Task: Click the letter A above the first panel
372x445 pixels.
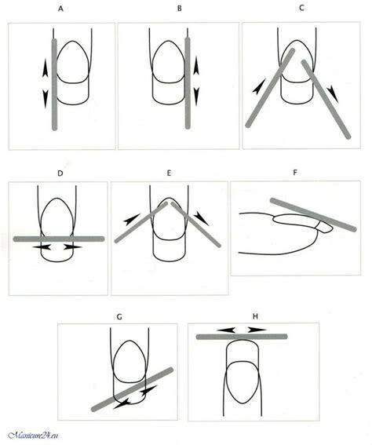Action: click(x=60, y=9)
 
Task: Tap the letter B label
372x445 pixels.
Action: click(x=180, y=9)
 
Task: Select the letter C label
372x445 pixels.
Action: click(x=301, y=8)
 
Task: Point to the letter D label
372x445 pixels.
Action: click(x=60, y=173)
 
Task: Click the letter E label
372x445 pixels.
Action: click(x=169, y=173)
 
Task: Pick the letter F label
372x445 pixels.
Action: click(x=295, y=172)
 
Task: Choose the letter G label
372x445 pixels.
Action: click(x=119, y=316)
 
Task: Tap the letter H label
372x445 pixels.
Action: click(x=255, y=316)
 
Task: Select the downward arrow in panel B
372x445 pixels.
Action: click(x=196, y=97)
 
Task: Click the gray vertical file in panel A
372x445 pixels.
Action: click(x=54, y=85)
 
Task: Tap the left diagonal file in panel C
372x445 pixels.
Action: click(x=270, y=88)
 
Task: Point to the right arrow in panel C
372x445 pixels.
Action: click(x=333, y=94)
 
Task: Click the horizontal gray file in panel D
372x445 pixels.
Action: click(x=59, y=239)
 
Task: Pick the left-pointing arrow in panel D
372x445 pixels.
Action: click(x=42, y=247)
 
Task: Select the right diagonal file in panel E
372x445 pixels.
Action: click(x=195, y=224)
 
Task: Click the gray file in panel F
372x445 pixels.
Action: click(x=313, y=214)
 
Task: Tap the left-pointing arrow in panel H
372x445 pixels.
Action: click(x=226, y=330)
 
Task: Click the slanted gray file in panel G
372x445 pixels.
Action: click(x=132, y=389)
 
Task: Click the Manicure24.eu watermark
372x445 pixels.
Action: click(x=33, y=436)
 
